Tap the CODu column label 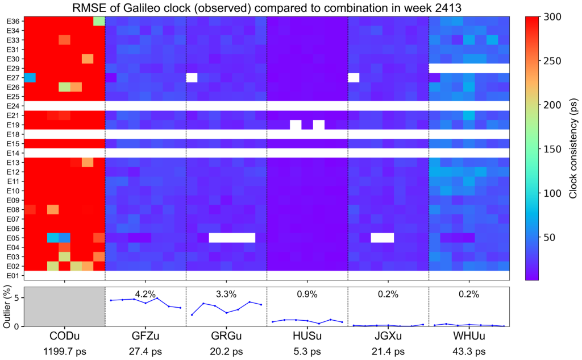tap(65, 336)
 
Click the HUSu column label tap(307, 336)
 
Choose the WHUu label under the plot tap(469, 336)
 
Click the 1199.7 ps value tap(65, 351)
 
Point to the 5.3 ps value tap(307, 351)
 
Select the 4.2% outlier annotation tap(145, 294)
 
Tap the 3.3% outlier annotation tap(226, 294)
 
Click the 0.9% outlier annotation tap(307, 294)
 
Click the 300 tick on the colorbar tap(552, 16)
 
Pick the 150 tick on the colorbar tap(552, 149)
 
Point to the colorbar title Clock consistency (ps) tap(573, 148)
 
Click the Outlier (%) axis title tap(7, 307)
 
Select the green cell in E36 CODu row tap(99, 21)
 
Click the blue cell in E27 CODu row tap(30, 78)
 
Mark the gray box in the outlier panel tap(65, 307)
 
